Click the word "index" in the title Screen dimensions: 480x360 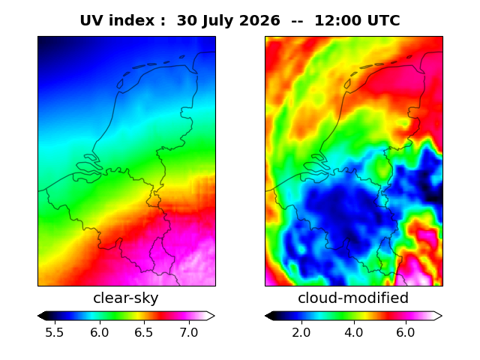click(131, 21)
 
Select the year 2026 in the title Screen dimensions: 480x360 click(259, 21)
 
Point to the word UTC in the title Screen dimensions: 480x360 click(384, 21)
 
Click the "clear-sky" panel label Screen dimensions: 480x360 click(126, 298)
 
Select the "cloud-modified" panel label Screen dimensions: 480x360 click(353, 298)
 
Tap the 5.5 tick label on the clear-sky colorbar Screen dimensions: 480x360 click(55, 332)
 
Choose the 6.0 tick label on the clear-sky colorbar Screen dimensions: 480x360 click(100, 332)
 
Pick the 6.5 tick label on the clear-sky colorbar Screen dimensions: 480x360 click(144, 332)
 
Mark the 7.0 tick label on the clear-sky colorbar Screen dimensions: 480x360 click(189, 332)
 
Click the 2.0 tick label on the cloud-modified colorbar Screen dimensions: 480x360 click(301, 332)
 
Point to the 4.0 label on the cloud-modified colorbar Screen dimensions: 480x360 click(354, 332)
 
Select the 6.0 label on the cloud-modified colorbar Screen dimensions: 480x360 click(406, 332)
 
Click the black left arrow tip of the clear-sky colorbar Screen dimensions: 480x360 click(38, 316)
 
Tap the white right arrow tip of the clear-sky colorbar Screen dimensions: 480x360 click(214, 316)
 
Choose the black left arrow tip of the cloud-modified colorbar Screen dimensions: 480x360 click(265, 316)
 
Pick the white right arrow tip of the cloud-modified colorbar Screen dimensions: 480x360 click(442, 316)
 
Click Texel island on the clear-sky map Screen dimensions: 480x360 click(120, 83)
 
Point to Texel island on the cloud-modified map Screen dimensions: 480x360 click(347, 83)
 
